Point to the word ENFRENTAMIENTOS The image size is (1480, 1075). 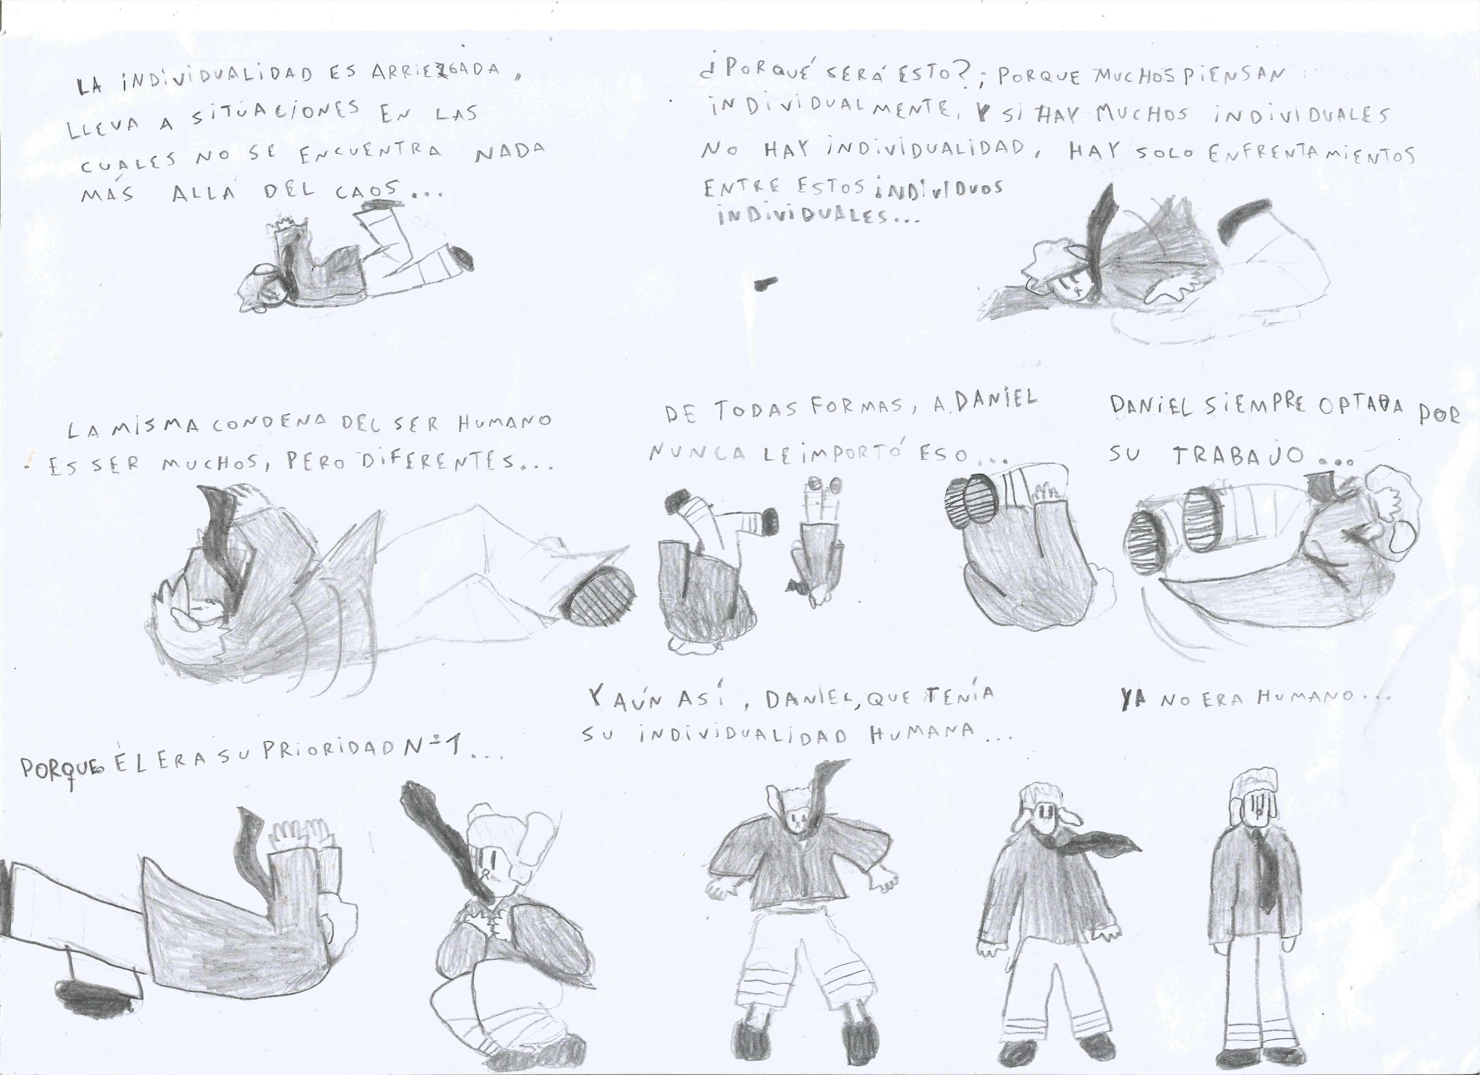pyautogui.click(x=1310, y=155)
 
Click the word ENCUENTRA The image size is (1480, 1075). pyautogui.click(x=371, y=151)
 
